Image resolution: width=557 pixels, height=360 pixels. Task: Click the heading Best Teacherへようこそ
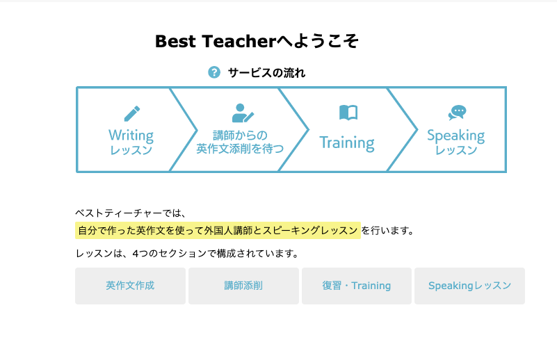(257, 42)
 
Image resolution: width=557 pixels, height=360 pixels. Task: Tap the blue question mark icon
(214, 72)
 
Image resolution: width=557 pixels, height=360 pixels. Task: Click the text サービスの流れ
(266, 72)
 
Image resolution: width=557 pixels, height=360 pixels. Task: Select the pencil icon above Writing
(131, 113)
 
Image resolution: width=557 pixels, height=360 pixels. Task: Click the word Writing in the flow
(131, 135)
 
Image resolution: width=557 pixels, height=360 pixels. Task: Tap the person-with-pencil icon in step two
(242, 113)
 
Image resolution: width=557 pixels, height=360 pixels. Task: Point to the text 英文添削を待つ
(240, 149)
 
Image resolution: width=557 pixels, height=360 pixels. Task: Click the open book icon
(348, 113)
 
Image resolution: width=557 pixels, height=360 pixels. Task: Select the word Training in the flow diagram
(346, 143)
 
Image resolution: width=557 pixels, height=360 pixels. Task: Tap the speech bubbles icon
(457, 113)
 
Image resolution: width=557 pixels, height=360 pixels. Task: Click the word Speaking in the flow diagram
(455, 135)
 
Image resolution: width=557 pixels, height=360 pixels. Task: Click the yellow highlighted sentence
(218, 230)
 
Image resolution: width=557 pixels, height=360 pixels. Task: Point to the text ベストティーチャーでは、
(131, 213)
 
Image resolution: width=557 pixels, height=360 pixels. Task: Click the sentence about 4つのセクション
(187, 254)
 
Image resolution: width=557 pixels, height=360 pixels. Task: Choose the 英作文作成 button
(130, 286)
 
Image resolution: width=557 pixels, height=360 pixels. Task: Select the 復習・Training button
(356, 286)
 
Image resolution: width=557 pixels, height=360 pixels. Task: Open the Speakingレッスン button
(469, 286)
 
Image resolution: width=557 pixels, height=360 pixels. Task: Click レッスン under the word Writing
(131, 150)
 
